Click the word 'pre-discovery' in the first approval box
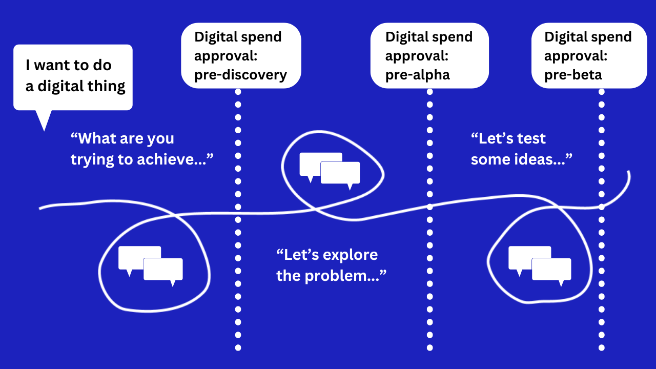(x=240, y=75)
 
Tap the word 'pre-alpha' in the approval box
(x=417, y=75)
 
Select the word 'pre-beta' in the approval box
(x=573, y=75)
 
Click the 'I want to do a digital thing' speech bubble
(x=73, y=77)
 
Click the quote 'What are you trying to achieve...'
(x=141, y=149)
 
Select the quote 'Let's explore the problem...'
(x=331, y=265)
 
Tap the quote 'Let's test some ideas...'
(x=521, y=149)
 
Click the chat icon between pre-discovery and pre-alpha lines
(x=330, y=168)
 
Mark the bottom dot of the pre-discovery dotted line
(x=238, y=348)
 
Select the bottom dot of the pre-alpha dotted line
(x=429, y=348)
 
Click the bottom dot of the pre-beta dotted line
(x=601, y=348)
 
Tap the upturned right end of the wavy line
(x=628, y=174)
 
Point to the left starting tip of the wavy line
(x=40, y=208)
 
